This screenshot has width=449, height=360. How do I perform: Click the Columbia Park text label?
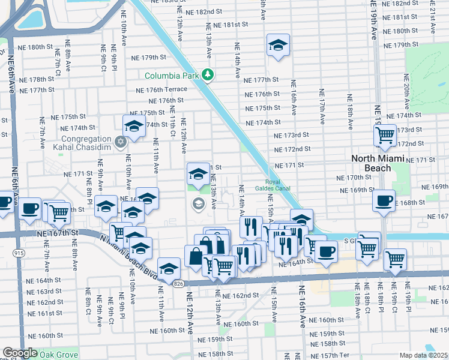pyautogui.click(x=172, y=76)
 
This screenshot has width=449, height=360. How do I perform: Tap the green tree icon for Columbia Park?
pyautogui.click(x=208, y=75)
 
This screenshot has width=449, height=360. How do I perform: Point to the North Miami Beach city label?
pyautogui.click(x=380, y=163)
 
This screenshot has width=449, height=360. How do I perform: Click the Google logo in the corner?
pyautogui.click(x=20, y=353)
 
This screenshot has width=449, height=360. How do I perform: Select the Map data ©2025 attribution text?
pyautogui.click(x=423, y=355)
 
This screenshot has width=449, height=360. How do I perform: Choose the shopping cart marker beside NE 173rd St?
pyautogui.click(x=385, y=135)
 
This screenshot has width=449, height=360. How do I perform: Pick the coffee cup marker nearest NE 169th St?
pyautogui.click(x=384, y=200)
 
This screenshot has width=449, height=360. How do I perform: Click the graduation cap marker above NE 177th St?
pyautogui.click(x=277, y=45)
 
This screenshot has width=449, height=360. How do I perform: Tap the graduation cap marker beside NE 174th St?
pyautogui.click(x=133, y=126)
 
